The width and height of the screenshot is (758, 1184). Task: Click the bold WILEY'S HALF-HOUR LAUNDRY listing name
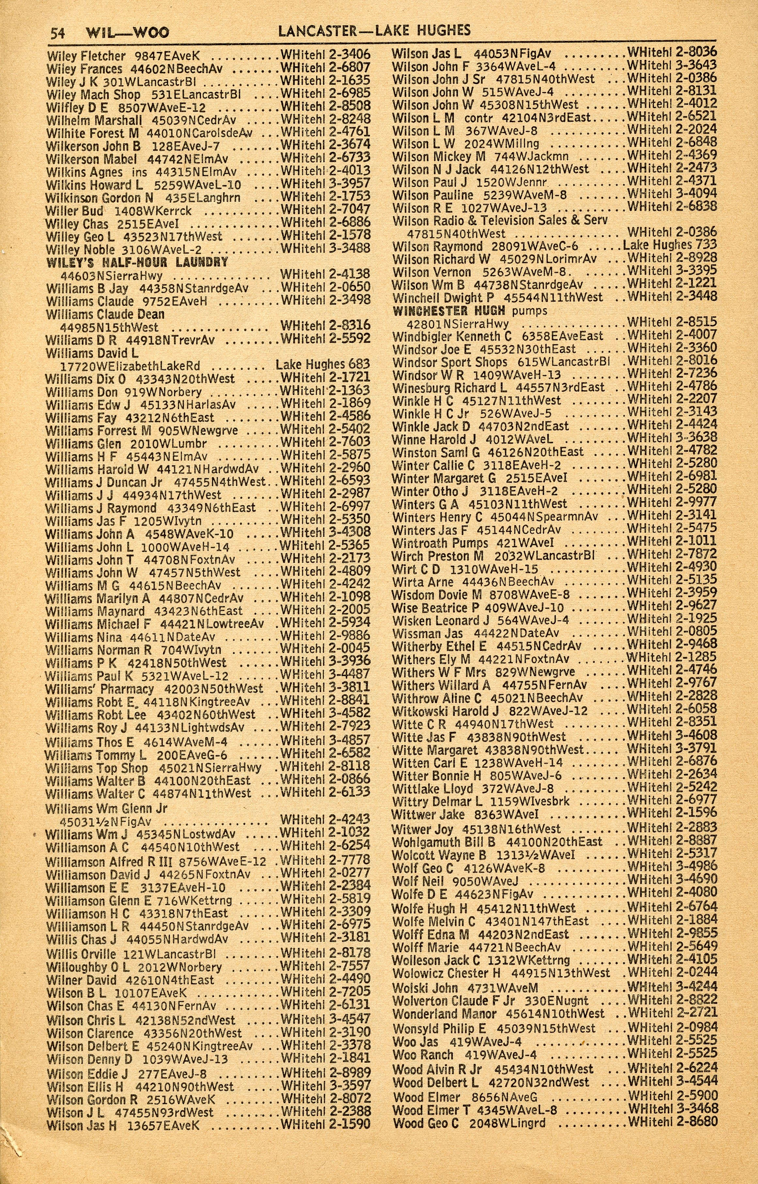point(137,262)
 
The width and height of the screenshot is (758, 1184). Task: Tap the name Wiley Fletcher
point(86,56)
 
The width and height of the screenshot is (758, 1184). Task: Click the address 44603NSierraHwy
point(111,275)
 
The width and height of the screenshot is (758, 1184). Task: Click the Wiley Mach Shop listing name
point(94,95)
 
